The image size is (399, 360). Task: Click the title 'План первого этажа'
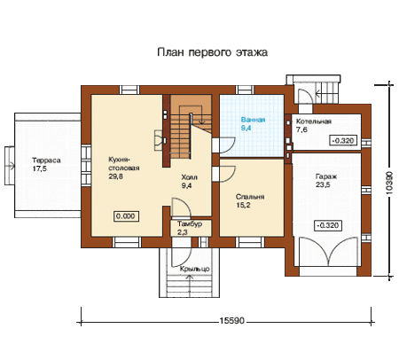click(x=213, y=52)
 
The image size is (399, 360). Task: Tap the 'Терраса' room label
click(x=46, y=160)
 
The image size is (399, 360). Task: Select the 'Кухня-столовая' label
click(x=124, y=164)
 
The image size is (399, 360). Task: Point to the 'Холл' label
click(x=189, y=177)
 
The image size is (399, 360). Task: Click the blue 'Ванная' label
click(x=253, y=120)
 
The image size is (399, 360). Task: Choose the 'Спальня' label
click(x=250, y=197)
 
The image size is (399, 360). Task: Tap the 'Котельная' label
click(x=314, y=121)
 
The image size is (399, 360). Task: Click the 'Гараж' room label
click(x=326, y=176)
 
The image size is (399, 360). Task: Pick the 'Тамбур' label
click(x=190, y=223)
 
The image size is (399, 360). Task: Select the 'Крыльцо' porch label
click(x=195, y=269)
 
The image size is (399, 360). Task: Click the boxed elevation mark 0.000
click(x=126, y=216)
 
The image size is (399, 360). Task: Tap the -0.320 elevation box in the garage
click(x=328, y=225)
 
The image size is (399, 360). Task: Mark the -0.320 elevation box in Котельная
click(x=343, y=140)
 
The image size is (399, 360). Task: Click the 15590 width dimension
click(x=232, y=321)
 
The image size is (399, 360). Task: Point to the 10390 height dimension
click(x=390, y=183)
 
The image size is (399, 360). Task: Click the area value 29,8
click(x=116, y=176)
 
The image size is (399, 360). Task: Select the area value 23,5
click(x=323, y=185)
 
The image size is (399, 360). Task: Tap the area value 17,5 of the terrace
click(x=39, y=168)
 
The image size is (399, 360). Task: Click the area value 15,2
click(x=243, y=205)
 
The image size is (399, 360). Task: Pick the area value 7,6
click(x=301, y=129)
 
